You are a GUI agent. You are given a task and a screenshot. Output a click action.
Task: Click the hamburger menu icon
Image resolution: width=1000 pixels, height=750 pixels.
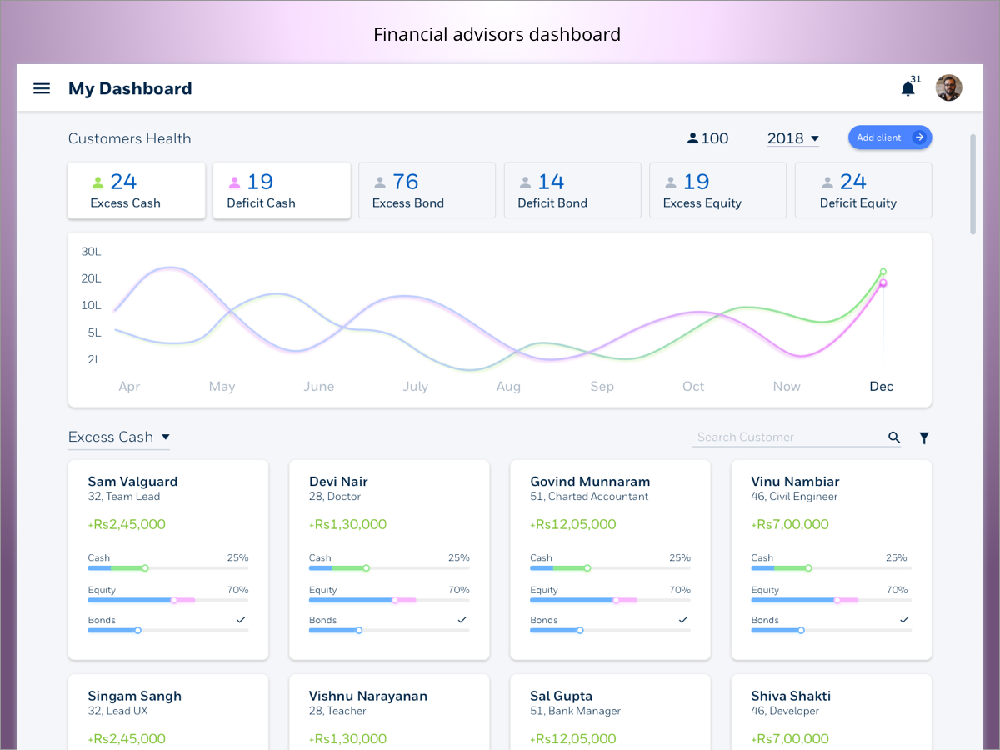pyautogui.click(x=42, y=88)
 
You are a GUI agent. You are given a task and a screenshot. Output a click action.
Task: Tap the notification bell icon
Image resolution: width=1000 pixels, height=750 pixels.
pyautogui.click(x=907, y=88)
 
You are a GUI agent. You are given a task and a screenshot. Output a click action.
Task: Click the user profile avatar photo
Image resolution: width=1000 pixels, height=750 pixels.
pyautogui.click(x=948, y=87)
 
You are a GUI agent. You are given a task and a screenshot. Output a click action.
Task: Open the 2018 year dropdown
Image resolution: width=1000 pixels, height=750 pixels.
pyautogui.click(x=792, y=138)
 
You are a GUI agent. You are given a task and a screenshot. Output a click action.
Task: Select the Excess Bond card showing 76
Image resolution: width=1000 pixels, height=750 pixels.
pyautogui.click(x=427, y=191)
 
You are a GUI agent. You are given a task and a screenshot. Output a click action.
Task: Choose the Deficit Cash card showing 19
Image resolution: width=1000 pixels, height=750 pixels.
pyautogui.click(x=282, y=191)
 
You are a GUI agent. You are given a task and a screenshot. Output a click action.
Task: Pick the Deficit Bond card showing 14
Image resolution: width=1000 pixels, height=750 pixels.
pyautogui.click(x=572, y=191)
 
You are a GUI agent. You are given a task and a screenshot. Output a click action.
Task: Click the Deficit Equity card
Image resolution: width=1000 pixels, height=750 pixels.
pyautogui.click(x=862, y=191)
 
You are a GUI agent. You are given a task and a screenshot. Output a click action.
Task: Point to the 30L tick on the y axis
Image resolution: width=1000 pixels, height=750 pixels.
pyautogui.click(x=91, y=251)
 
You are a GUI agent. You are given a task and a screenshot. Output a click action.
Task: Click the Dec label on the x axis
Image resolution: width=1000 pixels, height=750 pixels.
pyautogui.click(x=881, y=386)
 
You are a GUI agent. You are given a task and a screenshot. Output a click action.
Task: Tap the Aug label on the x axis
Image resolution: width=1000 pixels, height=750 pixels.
pyautogui.click(x=508, y=386)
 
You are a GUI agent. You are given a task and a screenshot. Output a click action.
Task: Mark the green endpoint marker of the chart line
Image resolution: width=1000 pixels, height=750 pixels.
pyautogui.click(x=883, y=272)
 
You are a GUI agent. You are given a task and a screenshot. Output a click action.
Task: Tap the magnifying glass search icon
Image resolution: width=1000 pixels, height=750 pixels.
pyautogui.click(x=894, y=437)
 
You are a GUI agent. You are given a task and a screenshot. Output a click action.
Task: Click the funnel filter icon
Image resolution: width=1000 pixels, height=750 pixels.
pyautogui.click(x=924, y=437)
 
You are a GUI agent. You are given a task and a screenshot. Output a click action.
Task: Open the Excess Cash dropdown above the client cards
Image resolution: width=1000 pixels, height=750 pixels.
pyautogui.click(x=119, y=437)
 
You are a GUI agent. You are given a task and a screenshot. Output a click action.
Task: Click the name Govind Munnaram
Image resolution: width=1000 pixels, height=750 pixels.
pyautogui.click(x=590, y=481)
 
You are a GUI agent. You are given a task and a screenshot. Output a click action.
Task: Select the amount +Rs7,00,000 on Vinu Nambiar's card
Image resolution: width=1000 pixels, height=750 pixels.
pyautogui.click(x=790, y=524)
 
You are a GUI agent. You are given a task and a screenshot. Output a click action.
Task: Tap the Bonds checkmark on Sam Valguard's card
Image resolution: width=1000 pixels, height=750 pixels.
pyautogui.click(x=241, y=620)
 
